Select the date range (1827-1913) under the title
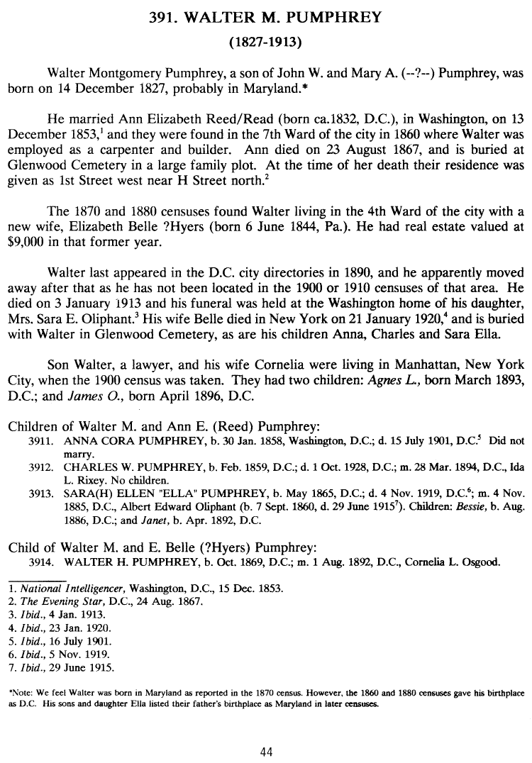pyautogui.click(x=265, y=43)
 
